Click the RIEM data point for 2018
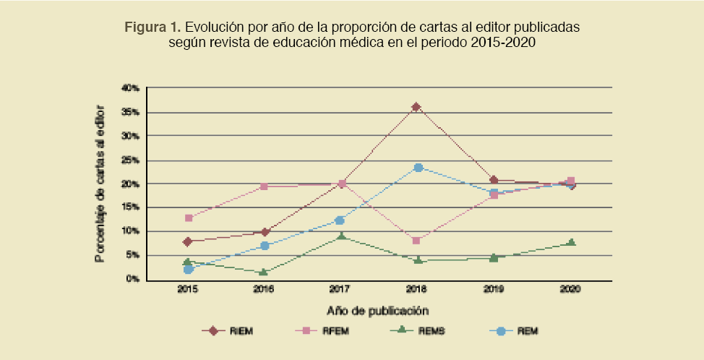[x=416, y=107]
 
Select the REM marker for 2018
[x=418, y=168]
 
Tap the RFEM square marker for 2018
[x=416, y=240]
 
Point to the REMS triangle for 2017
[x=341, y=236]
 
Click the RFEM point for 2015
[x=189, y=218]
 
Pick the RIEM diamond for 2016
[x=265, y=232]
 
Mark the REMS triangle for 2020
[x=571, y=243]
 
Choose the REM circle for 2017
[x=340, y=220]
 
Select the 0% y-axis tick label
[x=132, y=279]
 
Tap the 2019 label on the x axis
[x=493, y=289]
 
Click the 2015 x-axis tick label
[x=188, y=289]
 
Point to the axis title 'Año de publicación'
[x=378, y=310]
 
